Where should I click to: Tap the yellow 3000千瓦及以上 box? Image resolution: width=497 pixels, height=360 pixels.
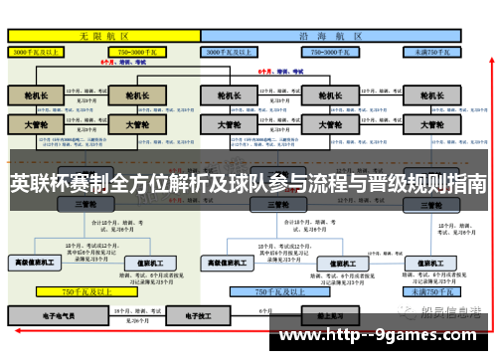[38, 51]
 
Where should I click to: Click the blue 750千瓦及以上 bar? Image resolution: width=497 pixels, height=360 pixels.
[274, 292]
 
